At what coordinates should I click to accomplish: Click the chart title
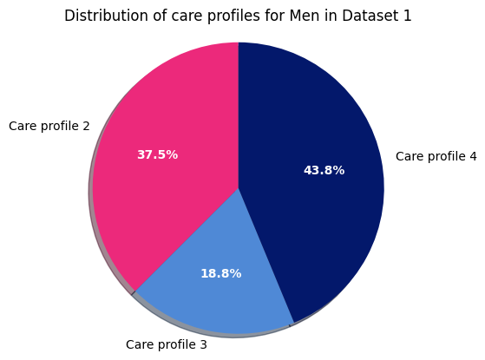pos(238,16)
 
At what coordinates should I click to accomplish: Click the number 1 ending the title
pos(407,16)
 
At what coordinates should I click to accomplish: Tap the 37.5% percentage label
pos(157,155)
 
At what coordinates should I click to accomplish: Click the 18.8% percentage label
pos(220,274)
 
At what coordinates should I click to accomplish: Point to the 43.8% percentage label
pos(324,171)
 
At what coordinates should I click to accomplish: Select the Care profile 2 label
pos(49,127)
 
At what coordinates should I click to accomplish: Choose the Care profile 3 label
pos(167,344)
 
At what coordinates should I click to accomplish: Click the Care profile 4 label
pos(436,157)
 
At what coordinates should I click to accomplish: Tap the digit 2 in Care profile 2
pos(86,127)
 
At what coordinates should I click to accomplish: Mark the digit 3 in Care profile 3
pos(203,344)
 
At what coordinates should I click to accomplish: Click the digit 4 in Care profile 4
pos(473,157)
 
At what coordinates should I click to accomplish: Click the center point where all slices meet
pos(239,187)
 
